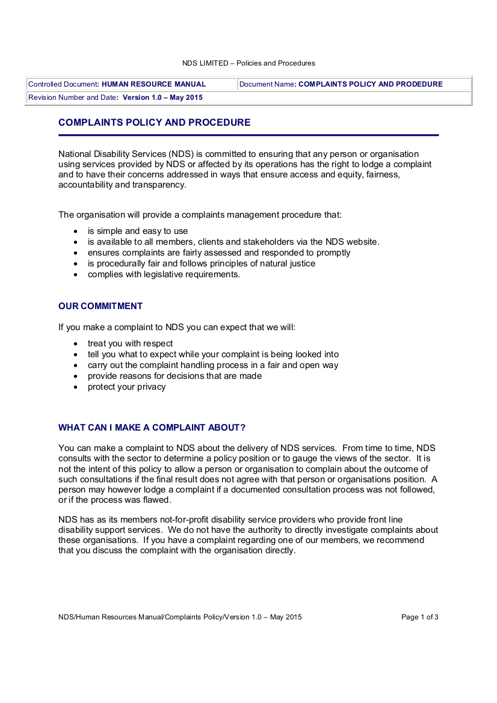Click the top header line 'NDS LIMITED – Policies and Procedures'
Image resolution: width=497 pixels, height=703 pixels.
click(248, 63)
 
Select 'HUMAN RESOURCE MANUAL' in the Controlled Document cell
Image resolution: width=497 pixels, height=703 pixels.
click(154, 84)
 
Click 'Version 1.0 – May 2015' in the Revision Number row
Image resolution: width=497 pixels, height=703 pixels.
click(162, 97)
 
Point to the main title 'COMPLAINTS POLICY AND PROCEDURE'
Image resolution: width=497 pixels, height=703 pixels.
click(154, 123)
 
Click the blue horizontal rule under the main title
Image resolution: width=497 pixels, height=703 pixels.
click(248, 135)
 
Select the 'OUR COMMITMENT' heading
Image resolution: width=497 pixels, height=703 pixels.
click(100, 306)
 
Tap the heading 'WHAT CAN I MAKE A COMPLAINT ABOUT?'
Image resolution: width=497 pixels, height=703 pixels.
click(152, 428)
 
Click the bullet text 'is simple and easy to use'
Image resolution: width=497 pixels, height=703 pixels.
click(138, 231)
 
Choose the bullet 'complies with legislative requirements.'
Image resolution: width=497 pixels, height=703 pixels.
click(164, 274)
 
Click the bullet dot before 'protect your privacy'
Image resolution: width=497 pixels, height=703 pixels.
click(75, 387)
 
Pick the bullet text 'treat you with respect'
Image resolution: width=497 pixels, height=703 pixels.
click(130, 343)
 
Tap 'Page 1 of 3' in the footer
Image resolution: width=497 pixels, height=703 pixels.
click(419, 617)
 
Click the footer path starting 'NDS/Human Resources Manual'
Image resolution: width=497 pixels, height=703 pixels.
click(180, 617)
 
